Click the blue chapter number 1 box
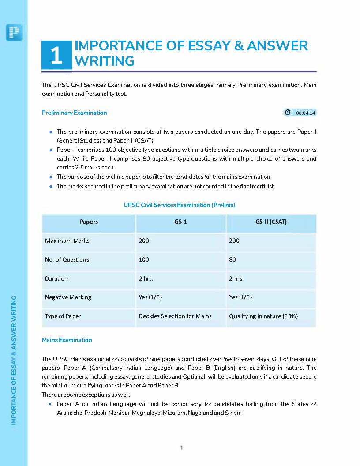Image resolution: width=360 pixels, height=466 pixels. tap(56, 55)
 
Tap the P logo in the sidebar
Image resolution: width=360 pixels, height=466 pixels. tap(15, 32)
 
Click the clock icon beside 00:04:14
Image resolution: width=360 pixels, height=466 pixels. tap(288, 113)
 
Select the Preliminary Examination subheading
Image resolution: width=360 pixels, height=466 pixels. tap(74, 113)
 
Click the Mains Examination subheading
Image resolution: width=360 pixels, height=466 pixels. tap(67, 340)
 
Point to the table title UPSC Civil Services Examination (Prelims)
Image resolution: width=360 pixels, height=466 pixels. tap(179, 205)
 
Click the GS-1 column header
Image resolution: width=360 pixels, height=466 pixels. tap(180, 222)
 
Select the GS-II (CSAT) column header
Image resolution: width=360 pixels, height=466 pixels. tap(271, 222)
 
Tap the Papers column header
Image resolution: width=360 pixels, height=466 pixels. tap(89, 222)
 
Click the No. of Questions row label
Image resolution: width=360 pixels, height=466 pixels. tap(67, 259)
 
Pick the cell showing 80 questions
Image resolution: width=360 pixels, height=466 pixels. tap(232, 259)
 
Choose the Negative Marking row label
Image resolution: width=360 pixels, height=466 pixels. tap(68, 297)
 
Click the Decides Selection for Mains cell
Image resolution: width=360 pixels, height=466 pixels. tap(175, 316)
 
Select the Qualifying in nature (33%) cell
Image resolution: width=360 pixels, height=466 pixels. tap(263, 316)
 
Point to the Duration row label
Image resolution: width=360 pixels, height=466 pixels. tap(56, 278)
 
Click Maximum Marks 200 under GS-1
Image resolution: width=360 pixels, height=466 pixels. tap(144, 241)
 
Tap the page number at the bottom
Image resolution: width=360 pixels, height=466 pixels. tap(181, 447)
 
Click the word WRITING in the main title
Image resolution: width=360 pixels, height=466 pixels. tap(105, 61)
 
